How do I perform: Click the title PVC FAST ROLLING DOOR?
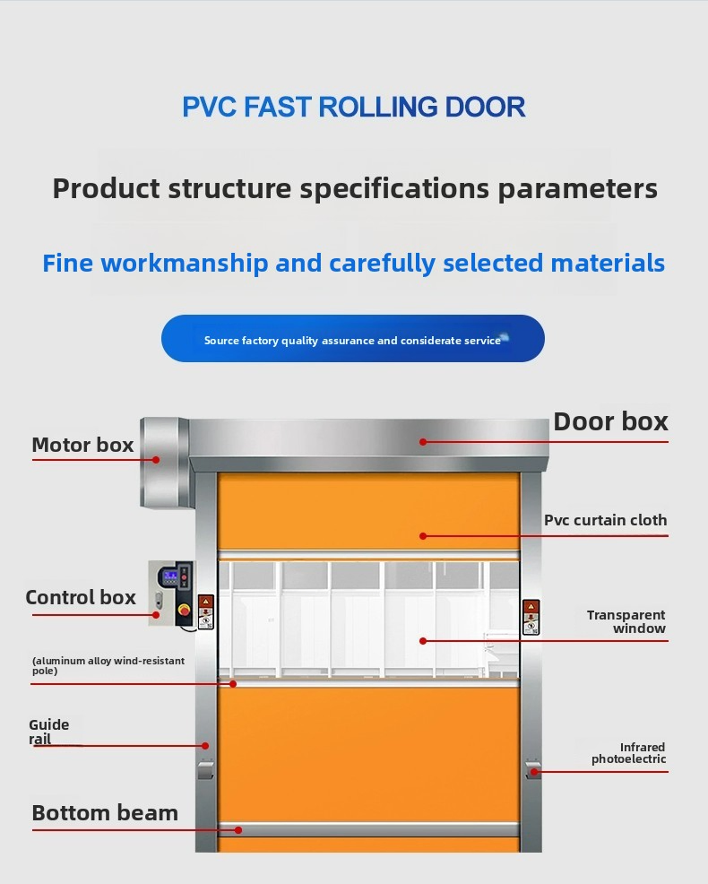[x=353, y=107]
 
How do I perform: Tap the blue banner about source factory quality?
[x=352, y=339]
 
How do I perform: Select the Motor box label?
[x=82, y=445]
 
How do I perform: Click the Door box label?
[x=610, y=421]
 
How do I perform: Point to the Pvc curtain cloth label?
[x=606, y=520]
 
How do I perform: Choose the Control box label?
[x=81, y=597]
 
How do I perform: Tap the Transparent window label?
[x=626, y=621]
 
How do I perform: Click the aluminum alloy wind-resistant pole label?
[x=108, y=665]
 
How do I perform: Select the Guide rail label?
[x=48, y=732]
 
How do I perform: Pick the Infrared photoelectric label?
[x=629, y=753]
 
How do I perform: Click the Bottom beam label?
[x=105, y=813]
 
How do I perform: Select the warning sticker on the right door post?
[x=531, y=616]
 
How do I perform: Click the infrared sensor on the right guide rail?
[x=532, y=770]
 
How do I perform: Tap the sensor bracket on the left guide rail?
[x=206, y=768]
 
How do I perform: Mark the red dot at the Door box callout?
[x=423, y=441]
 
